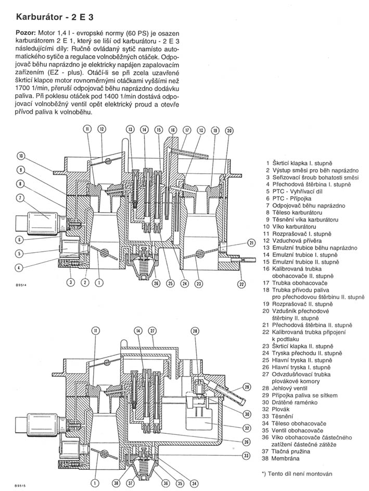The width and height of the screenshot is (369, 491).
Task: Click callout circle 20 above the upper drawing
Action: (x=229, y=131)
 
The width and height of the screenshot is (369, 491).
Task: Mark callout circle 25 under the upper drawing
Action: (x=170, y=283)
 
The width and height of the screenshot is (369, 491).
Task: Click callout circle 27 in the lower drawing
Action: (x=152, y=331)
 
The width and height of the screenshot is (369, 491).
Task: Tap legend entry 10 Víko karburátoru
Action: (x=293, y=227)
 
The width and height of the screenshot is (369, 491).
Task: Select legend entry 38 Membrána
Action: (x=289, y=458)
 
